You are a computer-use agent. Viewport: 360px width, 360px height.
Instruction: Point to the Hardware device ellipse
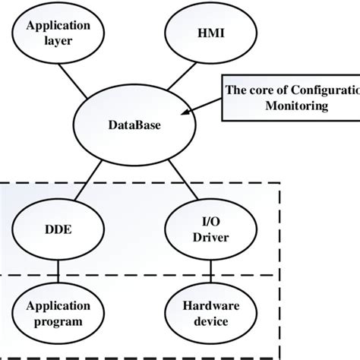[x=204, y=314]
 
